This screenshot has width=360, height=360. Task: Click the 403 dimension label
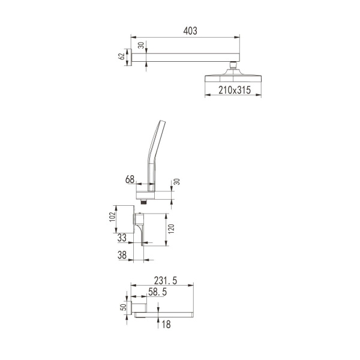click(x=190, y=31)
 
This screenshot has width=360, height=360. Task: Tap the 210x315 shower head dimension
click(x=235, y=90)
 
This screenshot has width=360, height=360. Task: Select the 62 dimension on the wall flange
click(x=121, y=56)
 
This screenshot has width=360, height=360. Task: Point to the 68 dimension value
click(x=130, y=179)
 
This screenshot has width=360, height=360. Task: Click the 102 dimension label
click(x=112, y=217)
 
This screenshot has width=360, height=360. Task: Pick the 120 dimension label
click(x=171, y=229)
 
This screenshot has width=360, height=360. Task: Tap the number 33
click(x=122, y=238)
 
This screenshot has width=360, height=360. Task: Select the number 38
click(x=122, y=255)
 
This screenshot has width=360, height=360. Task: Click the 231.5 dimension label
click(x=166, y=281)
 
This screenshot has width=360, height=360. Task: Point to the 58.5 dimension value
click(x=157, y=292)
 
